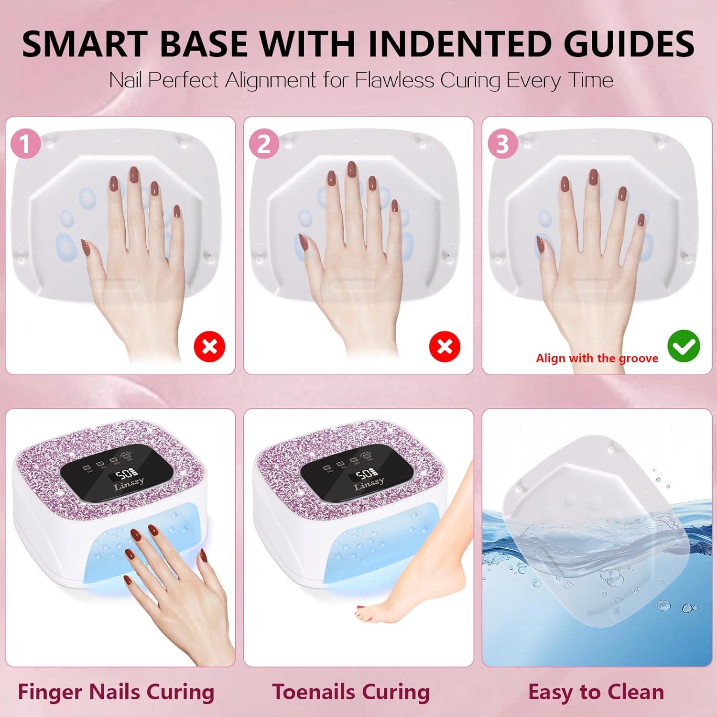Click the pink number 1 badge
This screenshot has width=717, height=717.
click(25, 144)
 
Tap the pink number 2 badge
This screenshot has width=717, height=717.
click(264, 144)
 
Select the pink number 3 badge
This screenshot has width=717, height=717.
click(502, 144)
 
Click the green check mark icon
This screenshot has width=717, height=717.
click(684, 347)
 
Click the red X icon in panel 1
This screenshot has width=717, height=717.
click(209, 347)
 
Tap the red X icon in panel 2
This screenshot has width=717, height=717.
click(445, 347)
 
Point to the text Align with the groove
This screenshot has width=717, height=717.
click(597, 358)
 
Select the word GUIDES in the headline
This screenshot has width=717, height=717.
click(629, 44)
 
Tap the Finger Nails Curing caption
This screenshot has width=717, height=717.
click(116, 692)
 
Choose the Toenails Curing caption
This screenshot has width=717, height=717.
click(351, 692)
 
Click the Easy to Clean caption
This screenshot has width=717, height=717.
click(596, 692)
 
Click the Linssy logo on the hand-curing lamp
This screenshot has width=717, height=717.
click(129, 484)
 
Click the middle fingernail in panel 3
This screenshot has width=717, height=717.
click(593, 175)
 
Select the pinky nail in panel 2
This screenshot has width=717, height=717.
click(395, 206)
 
